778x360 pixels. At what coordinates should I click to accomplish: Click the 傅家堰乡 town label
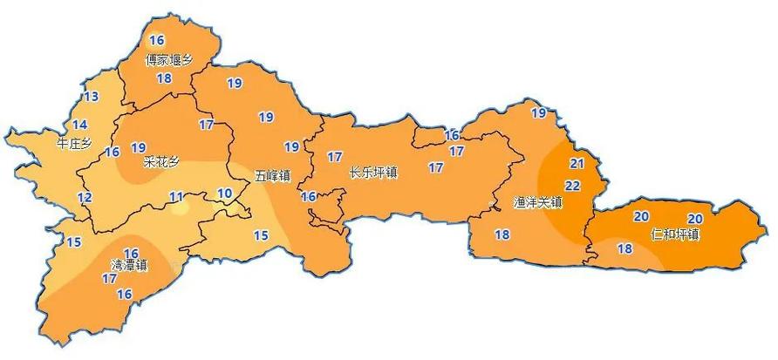click(x=168, y=60)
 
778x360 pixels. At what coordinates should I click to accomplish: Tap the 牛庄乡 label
click(x=72, y=141)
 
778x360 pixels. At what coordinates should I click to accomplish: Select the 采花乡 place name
click(x=160, y=163)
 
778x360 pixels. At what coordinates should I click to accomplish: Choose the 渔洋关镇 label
click(x=538, y=203)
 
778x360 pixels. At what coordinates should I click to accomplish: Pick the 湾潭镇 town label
click(x=129, y=265)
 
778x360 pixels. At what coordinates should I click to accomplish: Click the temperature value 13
click(x=91, y=97)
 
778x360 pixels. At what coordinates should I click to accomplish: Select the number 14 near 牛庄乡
click(x=80, y=125)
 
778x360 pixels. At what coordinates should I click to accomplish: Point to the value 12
click(x=84, y=198)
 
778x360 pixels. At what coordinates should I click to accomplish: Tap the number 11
click(x=176, y=196)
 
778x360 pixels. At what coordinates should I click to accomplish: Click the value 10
click(x=225, y=193)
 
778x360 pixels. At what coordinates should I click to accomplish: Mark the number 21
click(x=576, y=163)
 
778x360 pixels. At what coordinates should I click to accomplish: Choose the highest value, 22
click(x=573, y=186)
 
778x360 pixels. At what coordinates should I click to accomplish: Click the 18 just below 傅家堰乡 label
click(x=164, y=78)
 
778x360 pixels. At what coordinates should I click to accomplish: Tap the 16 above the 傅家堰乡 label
click(x=157, y=40)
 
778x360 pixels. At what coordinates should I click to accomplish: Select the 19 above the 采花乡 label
click(x=138, y=146)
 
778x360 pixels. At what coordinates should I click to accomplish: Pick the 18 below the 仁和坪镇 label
click(x=624, y=248)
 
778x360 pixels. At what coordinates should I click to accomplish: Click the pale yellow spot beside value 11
click(x=179, y=208)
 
